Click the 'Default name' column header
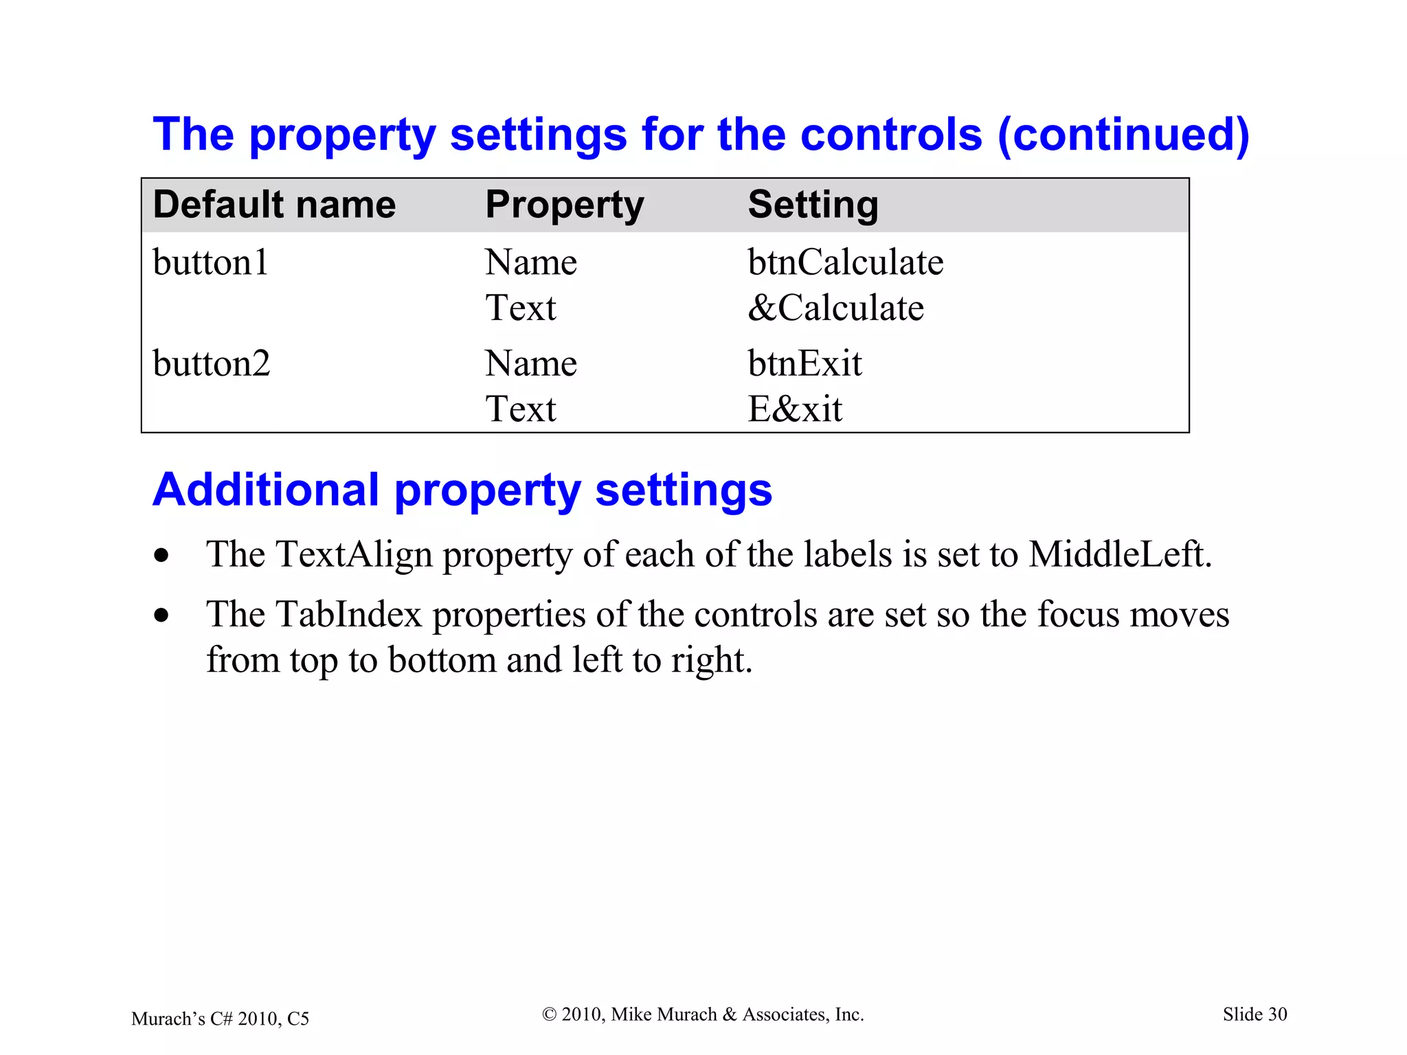274,205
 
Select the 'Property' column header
564,205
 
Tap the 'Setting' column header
813,205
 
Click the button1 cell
210,262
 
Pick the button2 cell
211,363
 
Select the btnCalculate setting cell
845,262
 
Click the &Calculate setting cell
835,308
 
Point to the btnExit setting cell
804,363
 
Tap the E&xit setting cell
795,409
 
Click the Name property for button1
530,262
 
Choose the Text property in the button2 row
520,409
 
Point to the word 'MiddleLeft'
1119,554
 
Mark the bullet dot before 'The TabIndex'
161,615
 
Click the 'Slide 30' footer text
1254,1014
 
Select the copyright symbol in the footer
549,1014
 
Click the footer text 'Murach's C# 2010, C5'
220,1019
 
